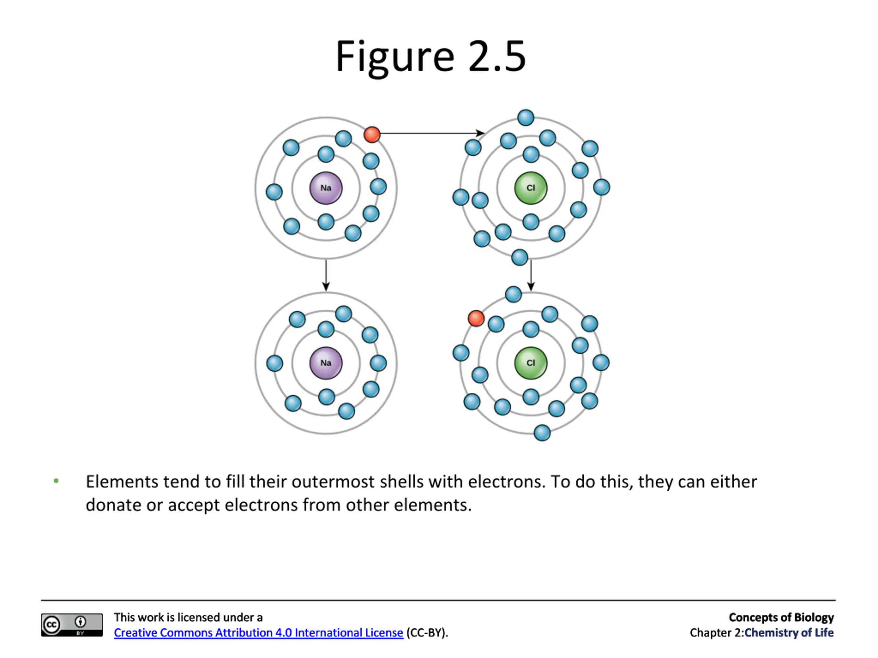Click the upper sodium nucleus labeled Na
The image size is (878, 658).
tap(325, 188)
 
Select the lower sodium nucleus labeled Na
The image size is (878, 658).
tap(325, 363)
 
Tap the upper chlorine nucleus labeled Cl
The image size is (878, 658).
tap(531, 188)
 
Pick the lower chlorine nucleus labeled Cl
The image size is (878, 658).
tap(531, 363)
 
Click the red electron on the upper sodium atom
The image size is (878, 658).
tap(372, 134)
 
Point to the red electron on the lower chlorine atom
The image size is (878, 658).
tap(476, 318)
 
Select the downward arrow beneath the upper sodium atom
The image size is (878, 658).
tap(326, 275)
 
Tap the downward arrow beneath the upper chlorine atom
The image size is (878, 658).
tap(531, 275)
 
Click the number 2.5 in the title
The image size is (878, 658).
tap(497, 57)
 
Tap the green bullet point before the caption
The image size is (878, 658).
tap(56, 481)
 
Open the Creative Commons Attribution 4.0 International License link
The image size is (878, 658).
tap(258, 633)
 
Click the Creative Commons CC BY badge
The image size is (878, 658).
tap(72, 625)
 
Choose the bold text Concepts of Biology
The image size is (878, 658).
tap(781, 618)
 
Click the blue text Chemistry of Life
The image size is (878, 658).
tap(789, 633)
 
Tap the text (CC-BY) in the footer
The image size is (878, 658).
tap(427, 633)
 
